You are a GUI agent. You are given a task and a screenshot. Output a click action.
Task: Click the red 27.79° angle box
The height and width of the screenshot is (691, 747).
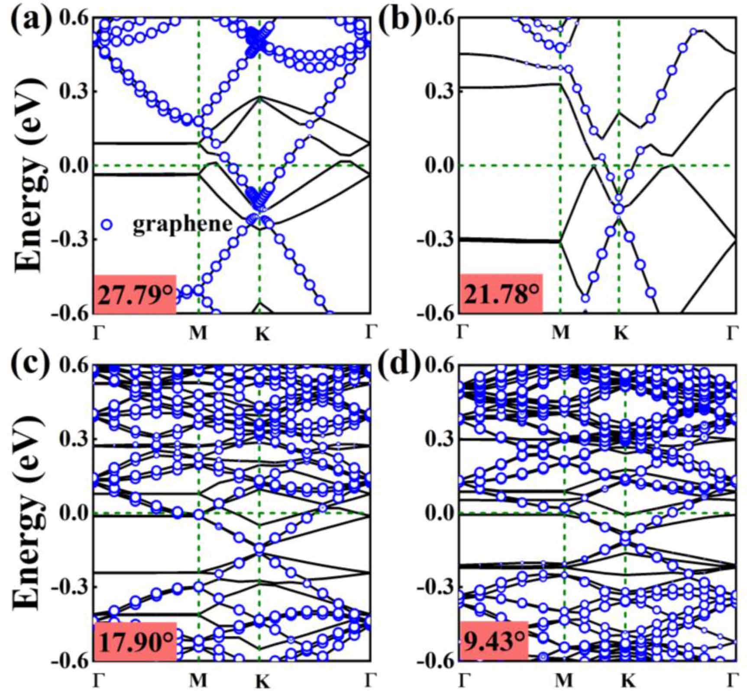coord(135,294)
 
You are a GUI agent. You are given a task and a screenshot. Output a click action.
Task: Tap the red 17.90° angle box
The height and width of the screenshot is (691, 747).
coord(135,642)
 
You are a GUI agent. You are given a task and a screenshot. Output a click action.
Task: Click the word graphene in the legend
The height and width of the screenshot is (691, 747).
coord(182,224)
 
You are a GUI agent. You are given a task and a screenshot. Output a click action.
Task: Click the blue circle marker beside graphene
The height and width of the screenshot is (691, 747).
coord(107,224)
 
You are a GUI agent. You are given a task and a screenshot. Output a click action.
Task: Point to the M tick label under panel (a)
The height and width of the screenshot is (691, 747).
coord(198,333)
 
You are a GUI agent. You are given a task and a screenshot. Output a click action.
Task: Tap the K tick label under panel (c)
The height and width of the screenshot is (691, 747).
coord(262,681)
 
